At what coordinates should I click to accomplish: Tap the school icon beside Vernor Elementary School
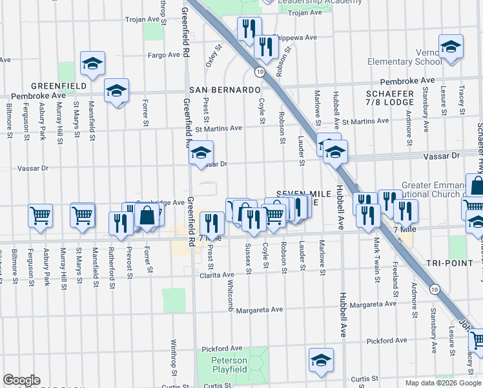(451, 47)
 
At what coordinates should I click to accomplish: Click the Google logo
(21, 380)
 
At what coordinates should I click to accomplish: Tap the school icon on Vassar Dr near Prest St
(201, 153)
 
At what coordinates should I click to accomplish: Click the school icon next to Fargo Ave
(93, 63)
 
